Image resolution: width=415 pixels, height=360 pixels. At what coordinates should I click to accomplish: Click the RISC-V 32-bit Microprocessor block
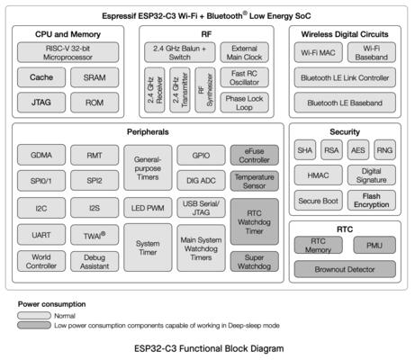(68, 52)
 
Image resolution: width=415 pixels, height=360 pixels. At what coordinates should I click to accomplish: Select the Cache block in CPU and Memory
(41, 77)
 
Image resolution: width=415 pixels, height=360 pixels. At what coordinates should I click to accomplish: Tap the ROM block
(95, 103)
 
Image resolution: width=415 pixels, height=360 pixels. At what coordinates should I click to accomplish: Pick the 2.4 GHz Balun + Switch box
(179, 52)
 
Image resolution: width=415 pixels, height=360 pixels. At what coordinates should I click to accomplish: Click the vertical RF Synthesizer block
(205, 90)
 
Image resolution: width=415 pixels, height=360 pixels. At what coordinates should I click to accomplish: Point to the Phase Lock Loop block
(244, 103)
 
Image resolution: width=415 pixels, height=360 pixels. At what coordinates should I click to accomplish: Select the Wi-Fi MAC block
(318, 52)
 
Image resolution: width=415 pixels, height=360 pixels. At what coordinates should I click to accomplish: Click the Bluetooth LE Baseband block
(345, 103)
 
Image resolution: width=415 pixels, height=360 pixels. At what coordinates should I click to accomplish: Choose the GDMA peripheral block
(41, 155)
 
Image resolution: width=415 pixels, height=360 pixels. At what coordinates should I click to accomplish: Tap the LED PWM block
(148, 208)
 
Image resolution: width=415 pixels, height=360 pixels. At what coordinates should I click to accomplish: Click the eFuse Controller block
(254, 155)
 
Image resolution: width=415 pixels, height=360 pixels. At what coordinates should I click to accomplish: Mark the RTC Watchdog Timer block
(254, 221)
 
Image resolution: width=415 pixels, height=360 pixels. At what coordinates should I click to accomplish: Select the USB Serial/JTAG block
(201, 208)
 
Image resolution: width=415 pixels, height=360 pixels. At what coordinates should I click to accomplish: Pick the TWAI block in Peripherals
(95, 235)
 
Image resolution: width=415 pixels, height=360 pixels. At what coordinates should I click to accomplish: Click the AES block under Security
(358, 149)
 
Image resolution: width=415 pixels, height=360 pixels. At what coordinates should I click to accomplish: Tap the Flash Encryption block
(372, 200)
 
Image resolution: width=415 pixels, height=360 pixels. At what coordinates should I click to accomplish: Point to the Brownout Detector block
(345, 269)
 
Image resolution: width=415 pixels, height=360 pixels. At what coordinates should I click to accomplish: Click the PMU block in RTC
(374, 245)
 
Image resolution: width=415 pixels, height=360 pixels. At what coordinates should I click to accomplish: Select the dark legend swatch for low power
(34, 325)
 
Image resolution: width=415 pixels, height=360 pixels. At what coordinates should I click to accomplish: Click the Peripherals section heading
(148, 131)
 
